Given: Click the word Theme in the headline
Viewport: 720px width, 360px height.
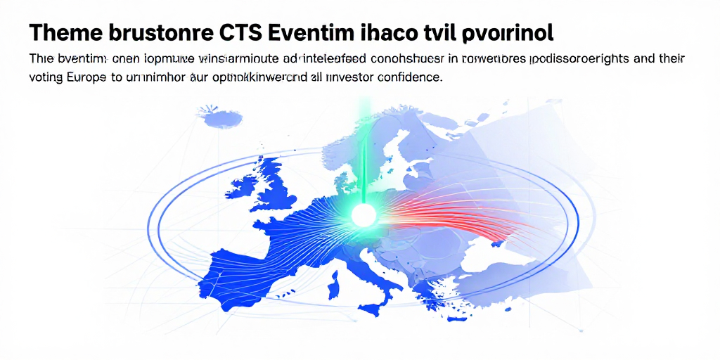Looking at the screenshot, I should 67,32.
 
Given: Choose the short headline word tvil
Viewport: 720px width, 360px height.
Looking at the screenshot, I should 439,32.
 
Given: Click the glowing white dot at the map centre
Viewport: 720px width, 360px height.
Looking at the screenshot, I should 364,216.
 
